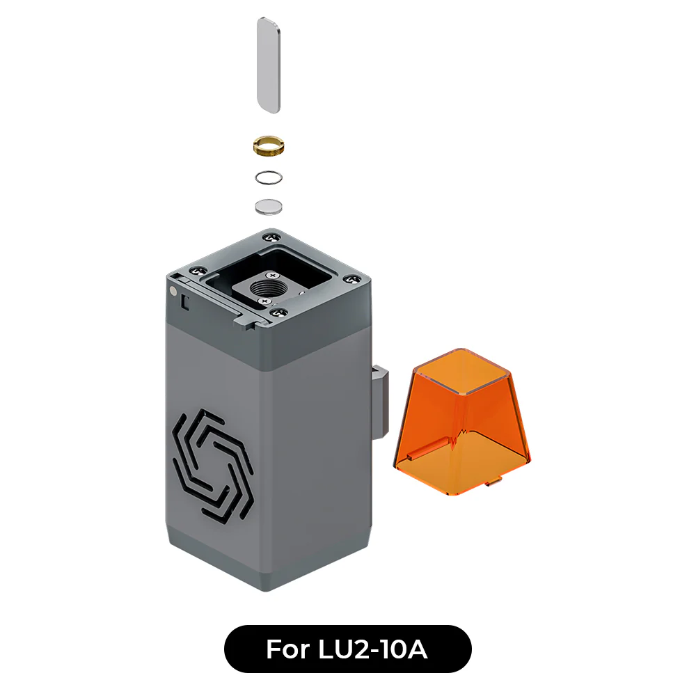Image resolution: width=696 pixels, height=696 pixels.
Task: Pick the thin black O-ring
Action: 269,177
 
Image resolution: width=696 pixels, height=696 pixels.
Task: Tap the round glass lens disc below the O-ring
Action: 269,206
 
